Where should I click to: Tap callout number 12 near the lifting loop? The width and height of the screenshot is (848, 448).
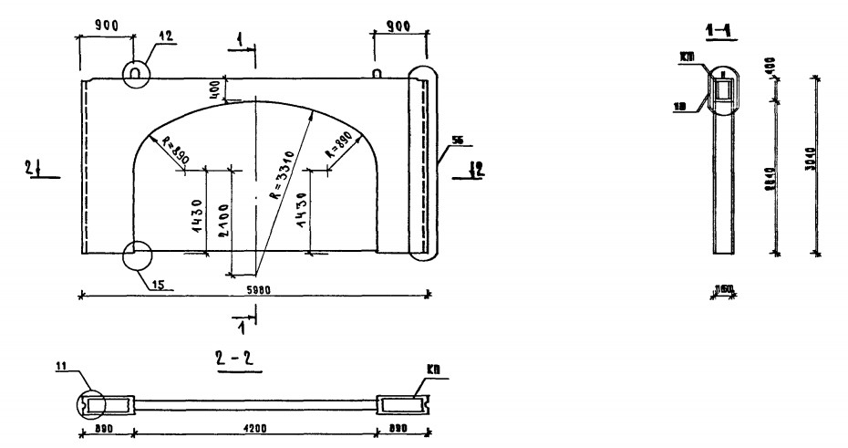tap(164, 35)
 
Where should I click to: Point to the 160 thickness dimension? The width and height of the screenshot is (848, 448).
tap(726, 292)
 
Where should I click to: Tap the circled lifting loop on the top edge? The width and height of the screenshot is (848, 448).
tap(135, 71)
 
